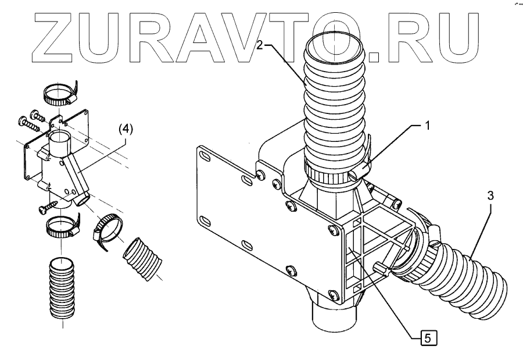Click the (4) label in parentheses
[x=125, y=130]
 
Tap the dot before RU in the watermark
[x=373, y=56]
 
